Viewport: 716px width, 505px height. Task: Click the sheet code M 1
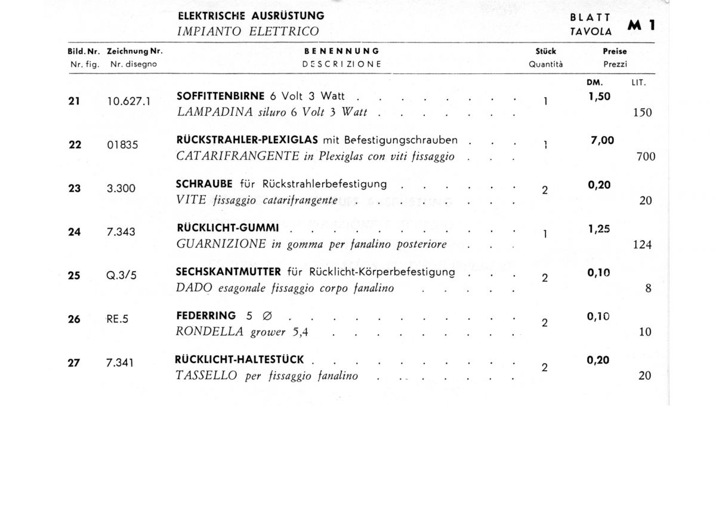[642, 26]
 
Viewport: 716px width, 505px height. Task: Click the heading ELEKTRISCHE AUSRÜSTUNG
[247, 16]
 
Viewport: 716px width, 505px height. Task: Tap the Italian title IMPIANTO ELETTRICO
[248, 32]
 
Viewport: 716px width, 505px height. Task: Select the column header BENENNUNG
[342, 51]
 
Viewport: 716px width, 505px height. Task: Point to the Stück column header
[545, 51]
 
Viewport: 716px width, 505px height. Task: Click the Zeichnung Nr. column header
[135, 51]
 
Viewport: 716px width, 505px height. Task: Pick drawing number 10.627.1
[129, 101]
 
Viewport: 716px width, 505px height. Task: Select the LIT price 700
[646, 157]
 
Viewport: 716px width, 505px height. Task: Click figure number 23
[75, 188]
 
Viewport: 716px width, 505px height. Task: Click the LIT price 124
[643, 245]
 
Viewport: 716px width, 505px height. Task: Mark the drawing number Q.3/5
[121, 276]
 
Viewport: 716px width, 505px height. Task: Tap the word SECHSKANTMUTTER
[229, 272]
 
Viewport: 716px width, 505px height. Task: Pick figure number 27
[74, 362]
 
